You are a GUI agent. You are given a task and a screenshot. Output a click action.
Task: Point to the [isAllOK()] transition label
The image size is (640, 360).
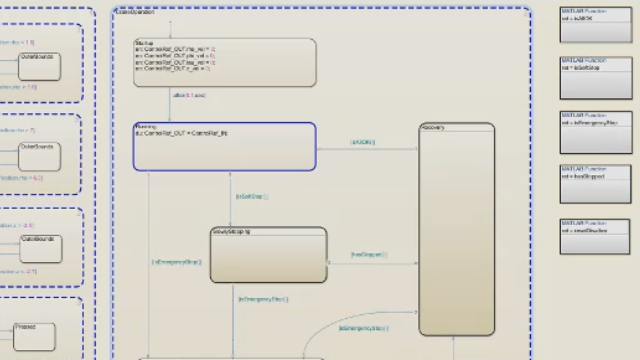click(362, 142)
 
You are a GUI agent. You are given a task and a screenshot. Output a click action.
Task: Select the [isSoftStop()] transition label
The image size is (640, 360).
click(251, 197)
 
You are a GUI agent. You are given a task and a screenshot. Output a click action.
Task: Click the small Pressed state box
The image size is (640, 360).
click(34, 336)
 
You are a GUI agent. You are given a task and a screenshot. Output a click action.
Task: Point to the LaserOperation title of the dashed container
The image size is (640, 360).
click(136, 12)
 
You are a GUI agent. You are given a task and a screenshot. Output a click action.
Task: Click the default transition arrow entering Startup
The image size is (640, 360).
click(171, 30)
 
